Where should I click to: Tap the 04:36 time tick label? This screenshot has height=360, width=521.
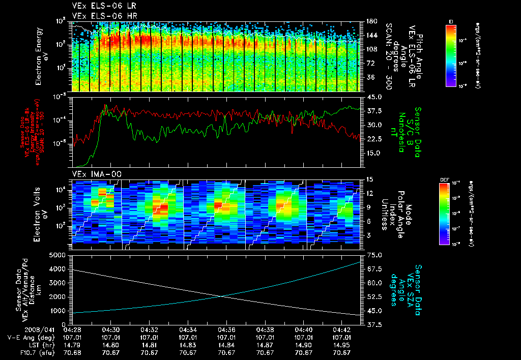pyautogui.click(x=226, y=330)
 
